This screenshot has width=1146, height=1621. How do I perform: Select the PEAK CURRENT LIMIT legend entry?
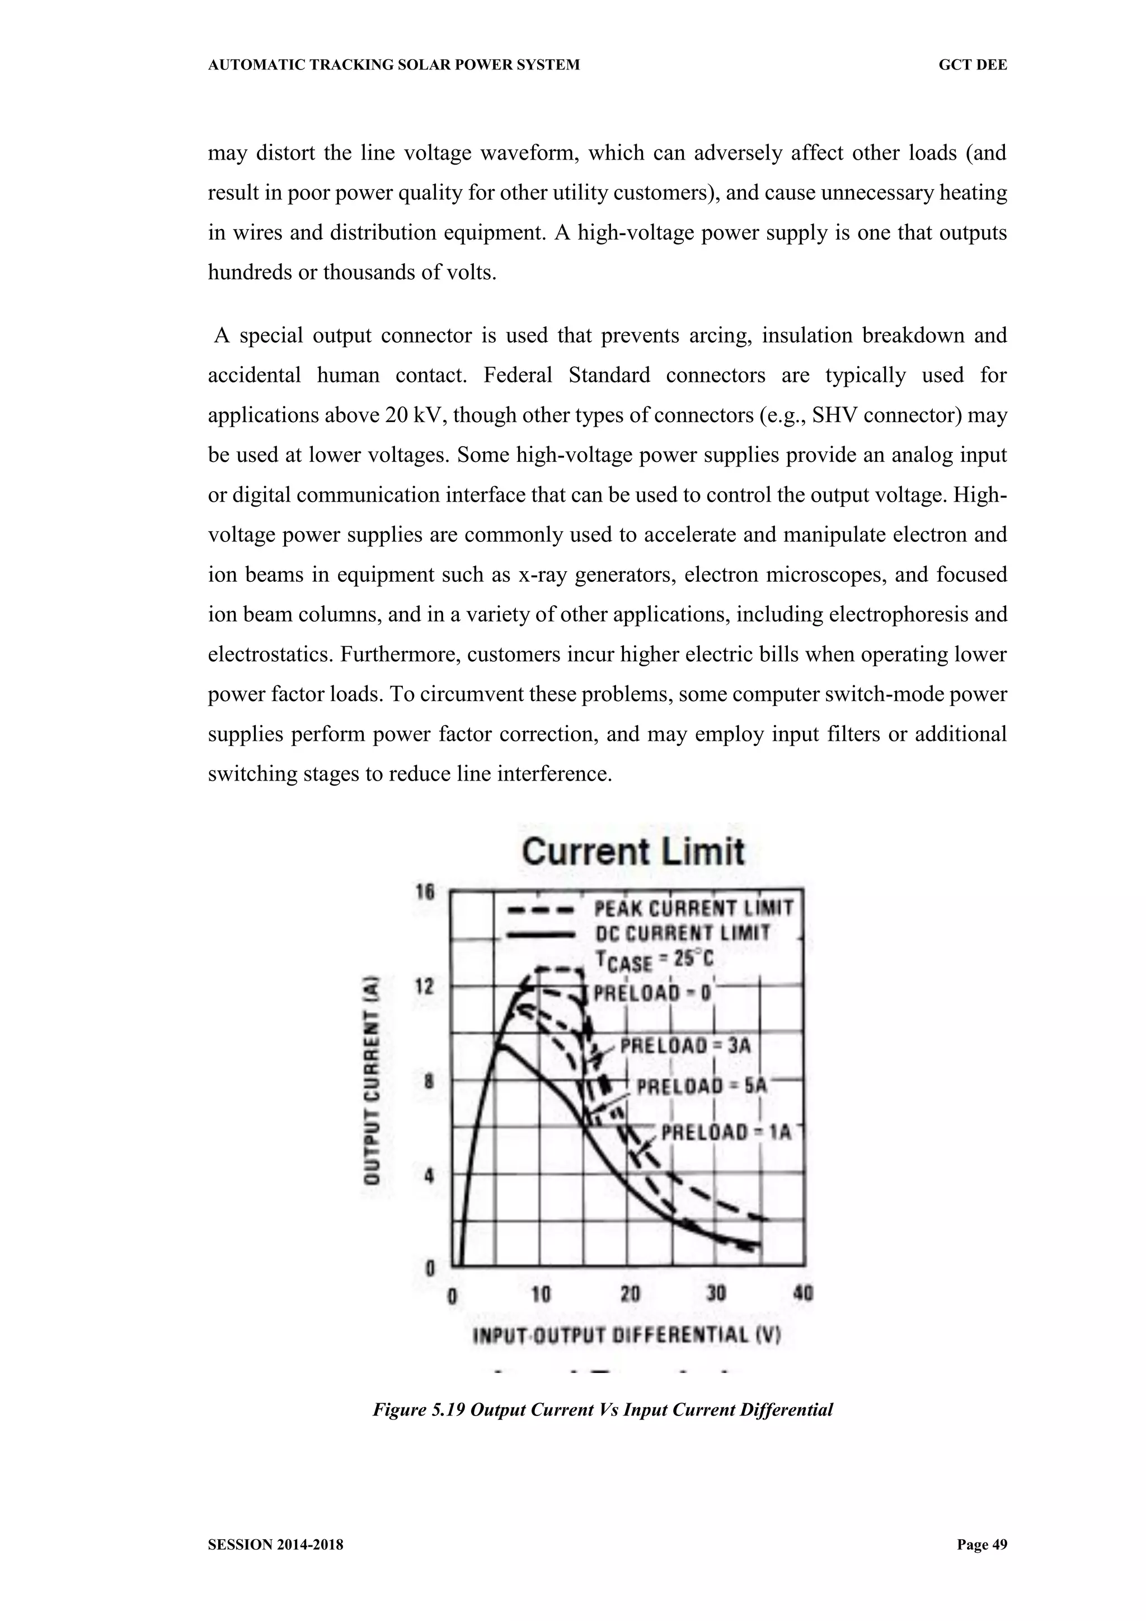click(694, 908)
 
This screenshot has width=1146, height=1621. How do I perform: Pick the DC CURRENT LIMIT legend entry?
click(682, 933)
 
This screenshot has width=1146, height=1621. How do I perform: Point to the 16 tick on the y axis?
click(425, 893)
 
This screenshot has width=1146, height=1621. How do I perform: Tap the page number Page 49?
click(981, 1545)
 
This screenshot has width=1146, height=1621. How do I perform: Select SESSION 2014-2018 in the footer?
click(276, 1545)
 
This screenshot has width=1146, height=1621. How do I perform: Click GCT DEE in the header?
click(973, 65)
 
